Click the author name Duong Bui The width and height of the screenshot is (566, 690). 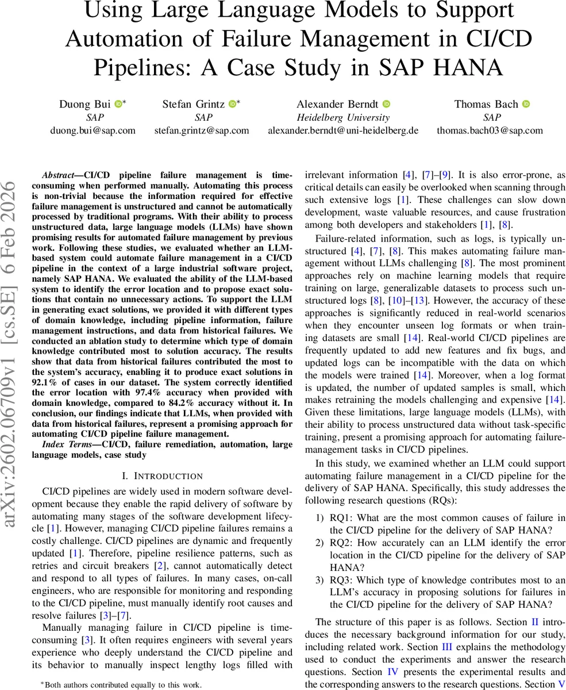85,104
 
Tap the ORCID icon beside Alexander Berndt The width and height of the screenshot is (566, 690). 386,104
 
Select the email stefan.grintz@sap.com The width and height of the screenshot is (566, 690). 202,130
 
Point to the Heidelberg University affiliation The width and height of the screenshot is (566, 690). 343,117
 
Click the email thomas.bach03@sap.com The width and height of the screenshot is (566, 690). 490,130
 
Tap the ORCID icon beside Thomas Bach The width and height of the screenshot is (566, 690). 526,104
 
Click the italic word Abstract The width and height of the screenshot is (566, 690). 60,175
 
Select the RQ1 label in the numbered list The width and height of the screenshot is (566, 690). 339,518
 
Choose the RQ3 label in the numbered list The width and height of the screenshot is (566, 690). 339,580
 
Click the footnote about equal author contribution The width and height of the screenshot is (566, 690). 121,684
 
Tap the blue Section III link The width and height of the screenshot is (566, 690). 446,647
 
